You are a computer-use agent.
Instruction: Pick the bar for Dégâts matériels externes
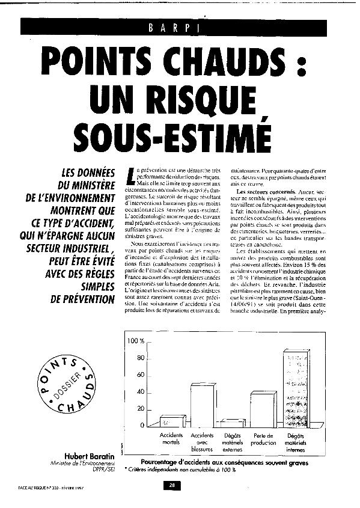[x=233, y=423]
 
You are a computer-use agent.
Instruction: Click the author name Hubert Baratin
[x=91, y=451]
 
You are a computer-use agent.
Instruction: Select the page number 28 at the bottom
[x=172, y=485]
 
